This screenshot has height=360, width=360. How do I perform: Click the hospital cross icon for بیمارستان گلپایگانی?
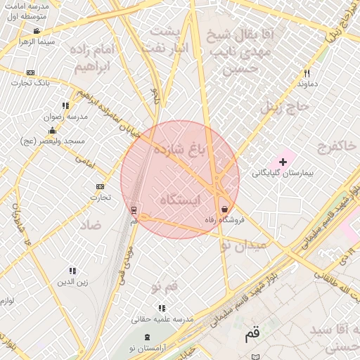(x=283, y=162)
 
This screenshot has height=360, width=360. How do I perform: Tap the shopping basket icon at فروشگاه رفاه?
(x=224, y=209)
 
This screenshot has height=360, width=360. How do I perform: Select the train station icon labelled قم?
(x=134, y=210)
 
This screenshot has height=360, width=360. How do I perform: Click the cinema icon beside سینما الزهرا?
(x=37, y=32)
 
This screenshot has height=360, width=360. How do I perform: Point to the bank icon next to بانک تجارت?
(x=30, y=72)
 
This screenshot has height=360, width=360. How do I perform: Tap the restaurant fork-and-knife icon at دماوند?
(x=307, y=73)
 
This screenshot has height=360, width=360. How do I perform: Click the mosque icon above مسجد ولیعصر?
(x=52, y=131)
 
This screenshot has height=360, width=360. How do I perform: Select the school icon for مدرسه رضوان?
(x=66, y=106)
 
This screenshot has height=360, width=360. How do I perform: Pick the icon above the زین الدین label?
(x=72, y=271)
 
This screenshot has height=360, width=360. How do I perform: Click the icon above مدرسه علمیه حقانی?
(x=162, y=308)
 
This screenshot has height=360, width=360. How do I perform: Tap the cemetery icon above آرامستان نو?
(x=147, y=338)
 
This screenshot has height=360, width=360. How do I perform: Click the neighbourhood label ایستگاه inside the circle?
(x=180, y=200)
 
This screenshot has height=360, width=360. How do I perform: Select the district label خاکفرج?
(x=318, y=148)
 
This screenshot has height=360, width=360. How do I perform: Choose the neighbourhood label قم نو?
(x=164, y=286)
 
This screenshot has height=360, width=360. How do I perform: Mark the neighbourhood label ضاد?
(x=91, y=225)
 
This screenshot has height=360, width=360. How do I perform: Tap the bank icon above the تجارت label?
(x=100, y=186)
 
